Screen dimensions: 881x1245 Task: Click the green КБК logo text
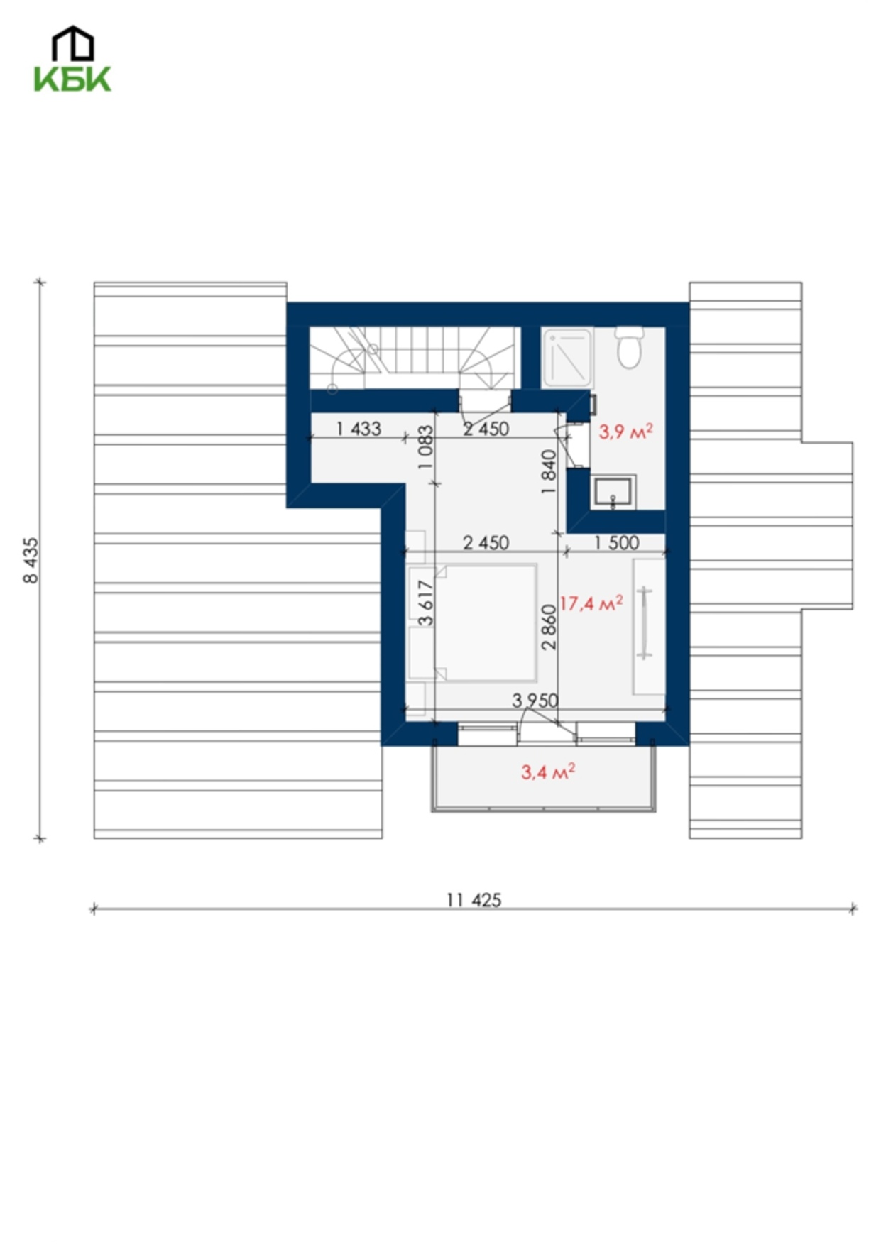click(72, 78)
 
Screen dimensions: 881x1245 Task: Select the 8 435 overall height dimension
click(31, 560)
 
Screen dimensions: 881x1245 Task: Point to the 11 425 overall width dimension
click(474, 900)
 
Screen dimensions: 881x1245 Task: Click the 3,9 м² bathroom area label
click(625, 431)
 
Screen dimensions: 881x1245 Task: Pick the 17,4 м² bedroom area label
click(591, 603)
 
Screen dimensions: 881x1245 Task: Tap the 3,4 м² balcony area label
click(548, 772)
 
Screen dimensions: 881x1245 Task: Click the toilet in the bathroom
click(629, 346)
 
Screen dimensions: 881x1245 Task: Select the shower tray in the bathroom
click(567, 357)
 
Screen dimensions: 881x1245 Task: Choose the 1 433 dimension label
click(359, 428)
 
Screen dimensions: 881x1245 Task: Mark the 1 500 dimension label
click(616, 543)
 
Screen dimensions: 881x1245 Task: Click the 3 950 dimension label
click(535, 701)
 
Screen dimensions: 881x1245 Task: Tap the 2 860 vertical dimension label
click(549, 627)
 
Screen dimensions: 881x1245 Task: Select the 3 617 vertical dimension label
click(425, 603)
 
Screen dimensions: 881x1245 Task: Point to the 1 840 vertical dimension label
click(549, 472)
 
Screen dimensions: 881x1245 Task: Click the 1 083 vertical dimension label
click(425, 447)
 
